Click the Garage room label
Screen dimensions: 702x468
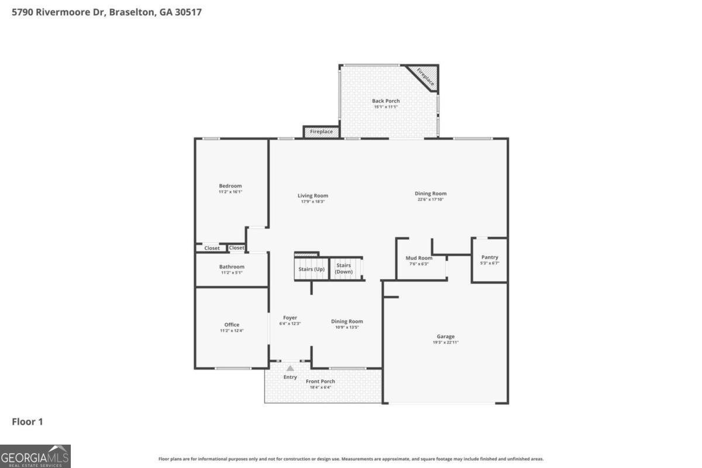pos(445,336)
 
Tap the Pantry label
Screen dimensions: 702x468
pos(490,257)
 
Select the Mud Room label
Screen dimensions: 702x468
pos(419,258)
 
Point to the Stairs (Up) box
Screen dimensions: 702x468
pos(311,269)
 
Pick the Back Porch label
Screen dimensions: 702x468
pos(386,101)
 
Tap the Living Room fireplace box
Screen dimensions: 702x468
pos(321,132)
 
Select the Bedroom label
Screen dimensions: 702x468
pos(230,186)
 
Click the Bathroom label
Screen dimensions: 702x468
pos(232,267)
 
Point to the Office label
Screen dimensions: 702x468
pos(232,325)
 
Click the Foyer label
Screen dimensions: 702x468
pos(290,318)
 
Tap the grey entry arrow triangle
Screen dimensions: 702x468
pos(290,369)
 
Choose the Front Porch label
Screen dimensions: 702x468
pos(321,381)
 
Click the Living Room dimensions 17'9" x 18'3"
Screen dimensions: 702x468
pos(313,202)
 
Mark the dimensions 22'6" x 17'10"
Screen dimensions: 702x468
pos(431,199)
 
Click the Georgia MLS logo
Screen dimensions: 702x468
pos(35,456)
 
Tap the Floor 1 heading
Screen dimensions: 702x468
pos(27,422)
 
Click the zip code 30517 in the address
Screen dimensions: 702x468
pos(188,12)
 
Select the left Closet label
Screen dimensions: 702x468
pos(212,248)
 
